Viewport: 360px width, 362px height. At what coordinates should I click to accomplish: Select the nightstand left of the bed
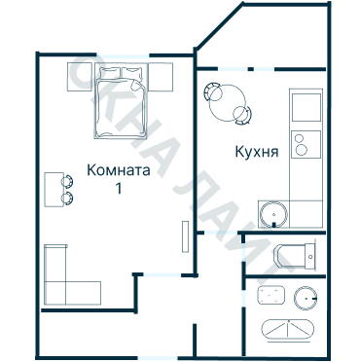(81, 77)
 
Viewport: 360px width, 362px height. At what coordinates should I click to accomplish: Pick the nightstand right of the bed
(162, 77)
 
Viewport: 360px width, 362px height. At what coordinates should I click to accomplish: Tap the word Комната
(119, 169)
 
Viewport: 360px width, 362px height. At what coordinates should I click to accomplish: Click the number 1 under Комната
(119, 188)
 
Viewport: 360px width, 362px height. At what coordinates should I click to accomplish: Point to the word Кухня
(258, 152)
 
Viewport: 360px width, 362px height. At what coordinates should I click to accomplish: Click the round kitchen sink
(272, 212)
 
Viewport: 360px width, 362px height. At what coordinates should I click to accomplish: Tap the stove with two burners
(306, 145)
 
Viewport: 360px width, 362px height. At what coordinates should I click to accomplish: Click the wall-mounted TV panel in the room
(185, 236)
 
